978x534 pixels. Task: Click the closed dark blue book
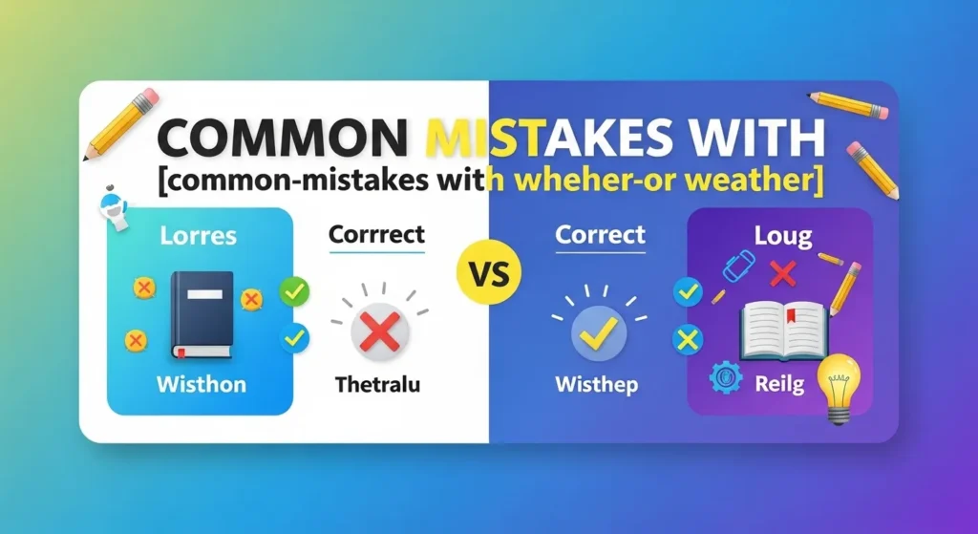pos(202,314)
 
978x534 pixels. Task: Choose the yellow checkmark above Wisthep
pos(598,331)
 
